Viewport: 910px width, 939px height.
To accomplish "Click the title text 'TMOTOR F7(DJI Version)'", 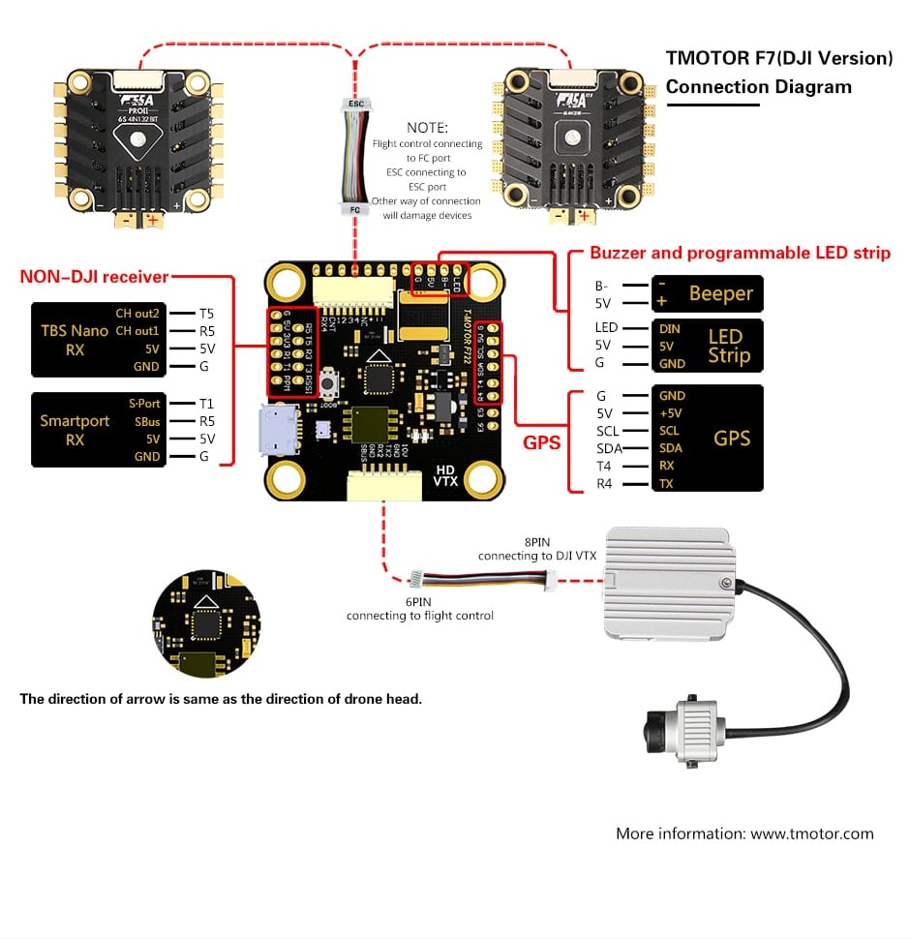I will [x=778, y=58].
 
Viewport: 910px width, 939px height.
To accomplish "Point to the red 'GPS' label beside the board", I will [x=542, y=441].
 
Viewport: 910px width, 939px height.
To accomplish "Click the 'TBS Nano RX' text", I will [x=75, y=340].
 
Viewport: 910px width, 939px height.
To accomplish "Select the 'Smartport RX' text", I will [x=75, y=430].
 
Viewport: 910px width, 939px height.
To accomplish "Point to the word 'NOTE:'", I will [x=427, y=127].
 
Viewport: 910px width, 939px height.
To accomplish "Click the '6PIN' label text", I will [x=419, y=601].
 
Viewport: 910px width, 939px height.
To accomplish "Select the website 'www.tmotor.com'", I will [x=812, y=833].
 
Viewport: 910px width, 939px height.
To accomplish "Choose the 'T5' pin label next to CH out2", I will [x=206, y=314].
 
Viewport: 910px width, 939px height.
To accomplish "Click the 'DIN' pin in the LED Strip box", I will [x=670, y=329].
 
